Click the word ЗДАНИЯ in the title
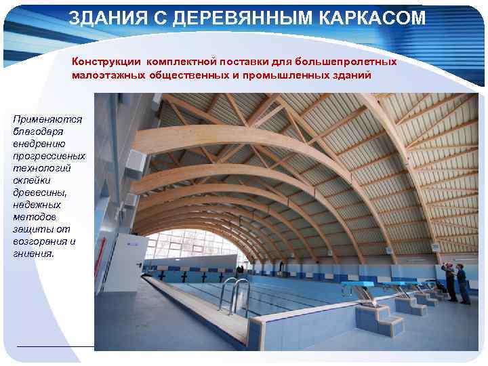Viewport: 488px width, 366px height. point(106,18)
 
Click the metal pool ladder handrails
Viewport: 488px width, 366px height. point(235,293)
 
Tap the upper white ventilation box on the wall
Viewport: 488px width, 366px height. point(135,161)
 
